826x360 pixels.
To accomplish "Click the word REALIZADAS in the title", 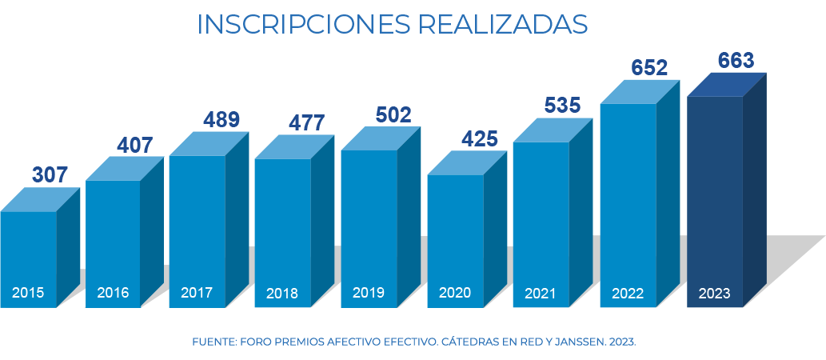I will (503, 24).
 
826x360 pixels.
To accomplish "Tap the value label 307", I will (50, 174).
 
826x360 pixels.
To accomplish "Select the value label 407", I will (135, 146).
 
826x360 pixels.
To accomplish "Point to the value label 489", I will (221, 120).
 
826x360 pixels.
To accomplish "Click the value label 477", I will (307, 123).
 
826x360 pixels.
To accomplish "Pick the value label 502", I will (393, 114).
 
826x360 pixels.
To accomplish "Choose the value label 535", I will (563, 105).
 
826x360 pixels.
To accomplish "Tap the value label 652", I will (649, 68).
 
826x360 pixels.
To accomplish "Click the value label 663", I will (736, 61).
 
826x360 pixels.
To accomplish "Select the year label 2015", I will (28, 293).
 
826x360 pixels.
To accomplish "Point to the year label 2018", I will (282, 294).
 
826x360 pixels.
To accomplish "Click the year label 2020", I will (454, 293).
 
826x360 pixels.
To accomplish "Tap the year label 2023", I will (714, 294).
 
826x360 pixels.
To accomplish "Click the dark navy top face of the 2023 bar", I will (726, 85).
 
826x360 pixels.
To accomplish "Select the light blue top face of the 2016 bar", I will (124, 169).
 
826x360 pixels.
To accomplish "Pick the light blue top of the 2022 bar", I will (640, 92).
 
